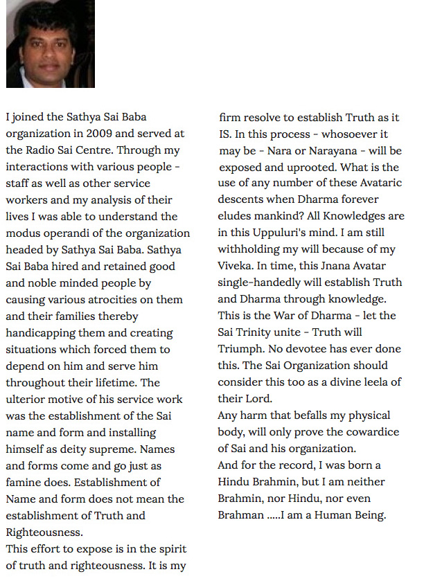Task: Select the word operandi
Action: tap(72, 233)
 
